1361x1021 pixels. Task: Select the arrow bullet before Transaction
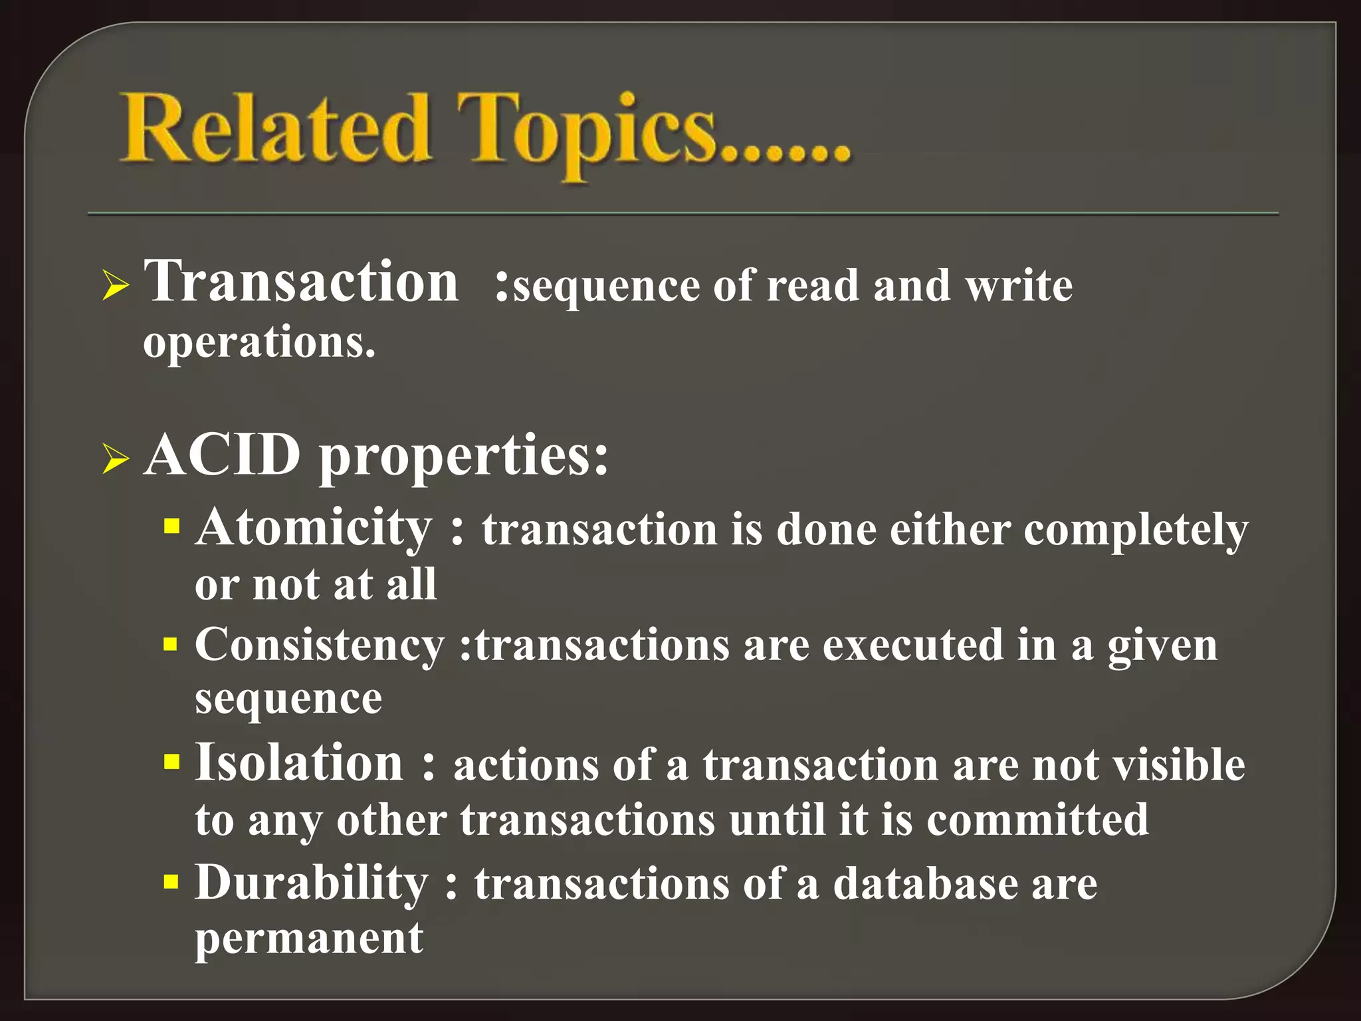pyautogui.click(x=116, y=287)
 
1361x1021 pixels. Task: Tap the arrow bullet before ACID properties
pyautogui.click(x=116, y=460)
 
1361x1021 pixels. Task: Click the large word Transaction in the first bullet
pyautogui.click(x=301, y=282)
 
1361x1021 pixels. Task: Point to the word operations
pyautogui.click(x=259, y=343)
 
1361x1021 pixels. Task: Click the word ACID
pyautogui.click(x=222, y=456)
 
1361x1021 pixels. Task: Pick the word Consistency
pyautogui.click(x=320, y=645)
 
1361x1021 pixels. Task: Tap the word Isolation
pyautogui.click(x=299, y=762)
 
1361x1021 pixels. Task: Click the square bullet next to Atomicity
pyautogui.click(x=171, y=528)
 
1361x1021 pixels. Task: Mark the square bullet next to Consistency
pyautogui.click(x=171, y=645)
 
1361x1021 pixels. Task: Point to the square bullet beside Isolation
pyautogui.click(x=171, y=761)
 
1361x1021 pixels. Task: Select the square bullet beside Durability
pyautogui.click(x=171, y=882)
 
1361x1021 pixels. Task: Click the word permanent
pyautogui.click(x=309, y=939)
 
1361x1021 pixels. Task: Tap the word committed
pyautogui.click(x=1037, y=820)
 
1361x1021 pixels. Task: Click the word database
pyautogui.click(x=925, y=884)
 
